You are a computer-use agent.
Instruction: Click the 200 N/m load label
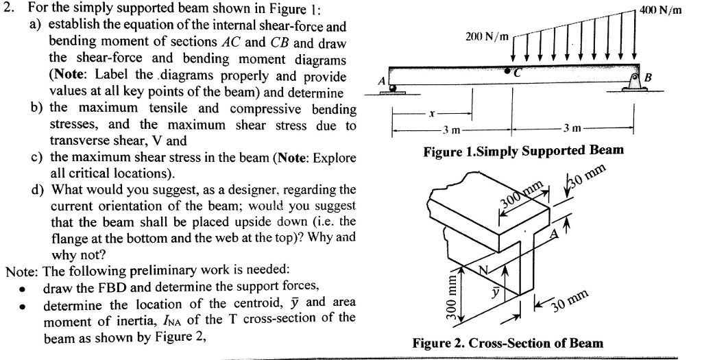[485, 35]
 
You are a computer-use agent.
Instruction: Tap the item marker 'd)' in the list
[38, 189]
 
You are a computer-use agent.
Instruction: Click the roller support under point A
[393, 88]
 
